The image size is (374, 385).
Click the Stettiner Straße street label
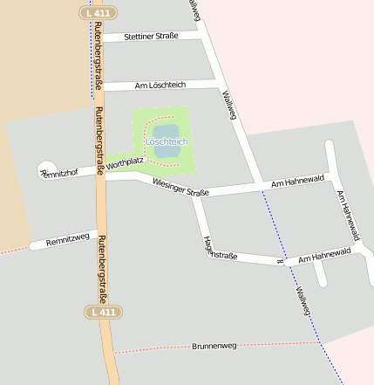pos(151,37)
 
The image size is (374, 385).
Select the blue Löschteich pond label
pos(166,141)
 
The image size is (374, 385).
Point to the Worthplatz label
pos(125,162)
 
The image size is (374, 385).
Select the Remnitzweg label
pos(68,238)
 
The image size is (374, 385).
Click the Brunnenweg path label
pos(214,347)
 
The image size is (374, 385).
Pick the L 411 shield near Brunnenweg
pos(102,312)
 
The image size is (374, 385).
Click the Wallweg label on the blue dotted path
pos(303,301)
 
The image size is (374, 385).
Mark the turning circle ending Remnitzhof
pos(46,168)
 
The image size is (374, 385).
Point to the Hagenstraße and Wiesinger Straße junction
pos(197,196)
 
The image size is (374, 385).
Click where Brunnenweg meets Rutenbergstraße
pos(112,352)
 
